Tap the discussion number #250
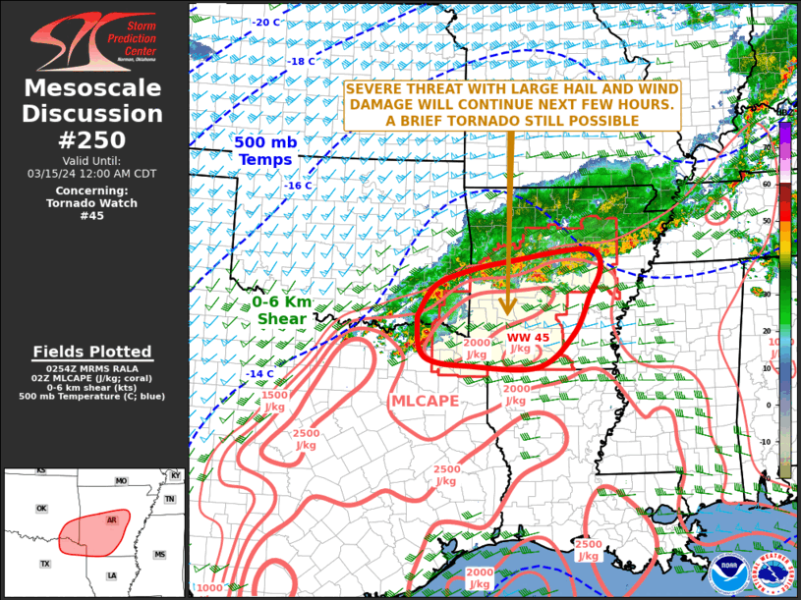pyautogui.click(x=93, y=139)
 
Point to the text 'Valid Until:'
pyautogui.click(x=93, y=161)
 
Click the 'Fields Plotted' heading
pyautogui.click(x=92, y=352)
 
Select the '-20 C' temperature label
pyautogui.click(x=265, y=23)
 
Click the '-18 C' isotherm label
pyautogui.click(x=301, y=61)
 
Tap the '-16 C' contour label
pyautogui.click(x=298, y=186)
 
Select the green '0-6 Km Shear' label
pyautogui.click(x=282, y=310)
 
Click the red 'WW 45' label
pyautogui.click(x=527, y=338)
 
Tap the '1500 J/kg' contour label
pyautogui.click(x=274, y=401)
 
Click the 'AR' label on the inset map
pyautogui.click(x=112, y=519)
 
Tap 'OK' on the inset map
pyautogui.click(x=41, y=509)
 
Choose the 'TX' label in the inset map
pyautogui.click(x=45, y=564)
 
